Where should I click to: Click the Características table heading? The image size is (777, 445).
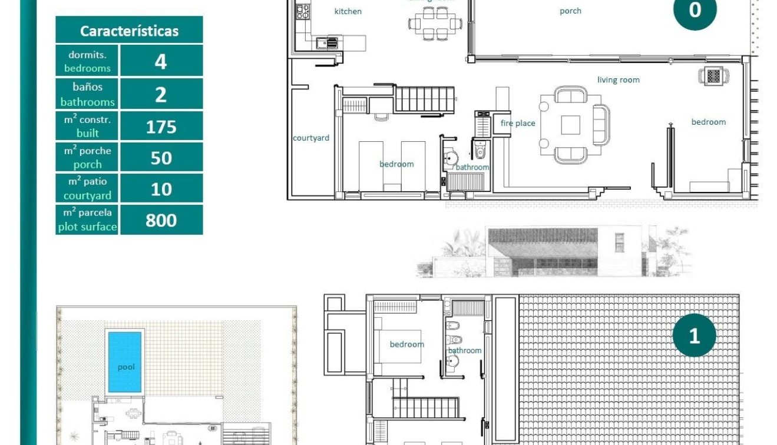(129, 31)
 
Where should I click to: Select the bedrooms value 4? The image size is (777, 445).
(161, 61)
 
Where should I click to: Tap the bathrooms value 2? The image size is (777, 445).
(161, 94)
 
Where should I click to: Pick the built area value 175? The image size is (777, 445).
(161, 127)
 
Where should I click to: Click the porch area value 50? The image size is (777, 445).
(161, 158)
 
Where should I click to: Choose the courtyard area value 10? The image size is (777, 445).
(161, 189)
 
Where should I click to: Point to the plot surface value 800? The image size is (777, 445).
(161, 220)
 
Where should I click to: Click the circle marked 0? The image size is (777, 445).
(695, 10)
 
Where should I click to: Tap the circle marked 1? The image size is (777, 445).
(694, 336)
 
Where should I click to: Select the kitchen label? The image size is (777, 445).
(348, 11)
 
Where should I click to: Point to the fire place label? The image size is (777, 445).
(518, 123)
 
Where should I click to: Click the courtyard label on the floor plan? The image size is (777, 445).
(311, 138)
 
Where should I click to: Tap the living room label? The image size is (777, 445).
(618, 80)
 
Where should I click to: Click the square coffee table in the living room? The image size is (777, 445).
(570, 125)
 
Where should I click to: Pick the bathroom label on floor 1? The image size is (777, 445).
(465, 351)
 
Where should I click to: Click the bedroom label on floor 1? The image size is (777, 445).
(406, 344)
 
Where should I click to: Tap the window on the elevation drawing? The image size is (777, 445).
(619, 242)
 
